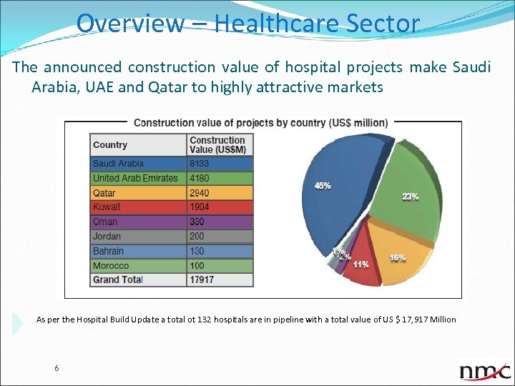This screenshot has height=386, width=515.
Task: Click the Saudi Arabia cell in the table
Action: [118, 164]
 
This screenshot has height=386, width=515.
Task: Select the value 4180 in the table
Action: [200, 178]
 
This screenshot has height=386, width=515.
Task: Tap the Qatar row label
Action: [104, 193]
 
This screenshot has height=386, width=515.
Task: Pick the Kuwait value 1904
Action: [200, 207]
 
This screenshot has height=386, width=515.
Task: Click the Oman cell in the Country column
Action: [105, 222]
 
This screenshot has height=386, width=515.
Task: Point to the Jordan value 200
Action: [197, 237]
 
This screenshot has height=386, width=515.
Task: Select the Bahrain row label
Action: [108, 251]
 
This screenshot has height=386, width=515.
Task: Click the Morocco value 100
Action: [197, 266]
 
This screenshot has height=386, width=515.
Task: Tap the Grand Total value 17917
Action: [202, 280]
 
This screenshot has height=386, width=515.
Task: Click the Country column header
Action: [110, 145]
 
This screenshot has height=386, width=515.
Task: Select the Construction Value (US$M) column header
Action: [217, 145]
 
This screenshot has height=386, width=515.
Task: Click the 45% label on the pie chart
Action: [323, 186]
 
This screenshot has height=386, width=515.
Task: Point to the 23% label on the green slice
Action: [410, 197]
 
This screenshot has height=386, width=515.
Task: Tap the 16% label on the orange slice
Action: [398, 257]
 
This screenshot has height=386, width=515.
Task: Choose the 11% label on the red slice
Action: [360, 264]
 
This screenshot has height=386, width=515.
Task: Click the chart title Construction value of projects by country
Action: [261, 123]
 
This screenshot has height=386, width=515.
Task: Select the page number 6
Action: [57, 368]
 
